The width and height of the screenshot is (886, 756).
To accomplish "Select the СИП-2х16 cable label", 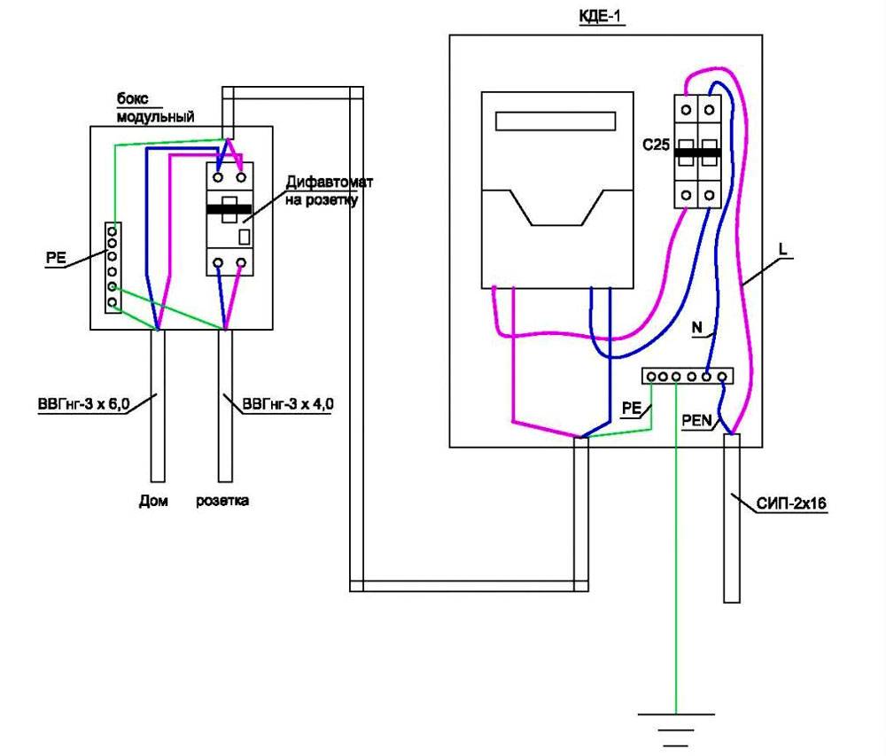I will tap(792, 505).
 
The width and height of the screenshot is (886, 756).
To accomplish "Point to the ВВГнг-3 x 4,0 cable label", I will tap(288, 405).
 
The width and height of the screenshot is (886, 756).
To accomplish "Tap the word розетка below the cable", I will tap(223, 501).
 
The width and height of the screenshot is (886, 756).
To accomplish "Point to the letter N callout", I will tap(697, 329).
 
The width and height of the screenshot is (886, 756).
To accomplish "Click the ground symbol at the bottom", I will tap(676, 721).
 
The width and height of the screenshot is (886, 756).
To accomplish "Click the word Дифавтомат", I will tap(330, 183).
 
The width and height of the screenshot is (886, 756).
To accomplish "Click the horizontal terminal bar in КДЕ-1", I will tap(688, 377).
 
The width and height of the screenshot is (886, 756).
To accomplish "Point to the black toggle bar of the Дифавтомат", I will tap(230, 210).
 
